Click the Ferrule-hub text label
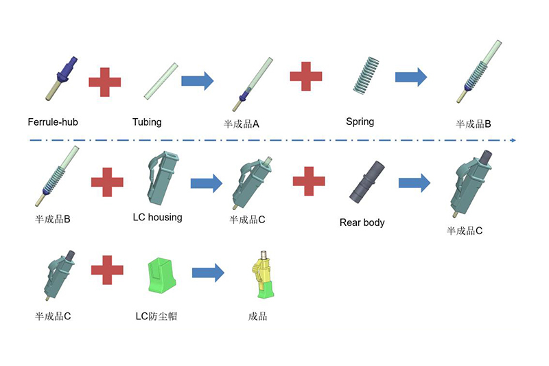click(53, 122)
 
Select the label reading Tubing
click(147, 122)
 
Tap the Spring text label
click(360, 122)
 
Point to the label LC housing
click(158, 217)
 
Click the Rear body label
click(362, 222)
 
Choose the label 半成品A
click(242, 124)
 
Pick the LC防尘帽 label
click(156, 317)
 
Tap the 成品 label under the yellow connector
click(258, 317)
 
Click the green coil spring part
click(366, 76)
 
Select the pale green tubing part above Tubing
click(161, 81)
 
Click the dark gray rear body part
click(367, 182)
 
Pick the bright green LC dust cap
click(161, 275)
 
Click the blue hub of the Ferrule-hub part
click(66, 71)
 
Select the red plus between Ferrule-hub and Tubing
click(105, 82)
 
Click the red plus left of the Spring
click(306, 76)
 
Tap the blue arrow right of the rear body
click(414, 183)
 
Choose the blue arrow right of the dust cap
click(208, 273)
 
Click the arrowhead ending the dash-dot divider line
click(513, 140)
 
